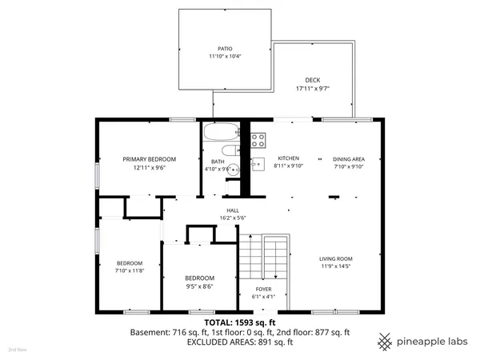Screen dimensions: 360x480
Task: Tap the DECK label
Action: click(x=313, y=80)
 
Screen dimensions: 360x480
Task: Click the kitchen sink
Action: click(x=258, y=164)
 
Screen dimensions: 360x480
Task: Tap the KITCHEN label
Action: click(x=287, y=158)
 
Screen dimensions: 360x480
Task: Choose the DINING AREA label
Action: click(x=349, y=158)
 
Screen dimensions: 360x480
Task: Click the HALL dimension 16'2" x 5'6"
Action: click(x=233, y=218)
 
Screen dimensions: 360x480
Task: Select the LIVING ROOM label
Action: click(x=336, y=259)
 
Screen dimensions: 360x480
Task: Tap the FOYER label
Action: click(x=264, y=289)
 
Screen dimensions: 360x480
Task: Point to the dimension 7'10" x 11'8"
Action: click(x=129, y=271)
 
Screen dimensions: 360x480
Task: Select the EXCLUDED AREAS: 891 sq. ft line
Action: click(x=240, y=342)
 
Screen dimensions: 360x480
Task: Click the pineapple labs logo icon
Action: click(x=386, y=340)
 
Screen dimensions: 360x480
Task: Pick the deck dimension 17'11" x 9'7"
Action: click(x=313, y=89)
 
